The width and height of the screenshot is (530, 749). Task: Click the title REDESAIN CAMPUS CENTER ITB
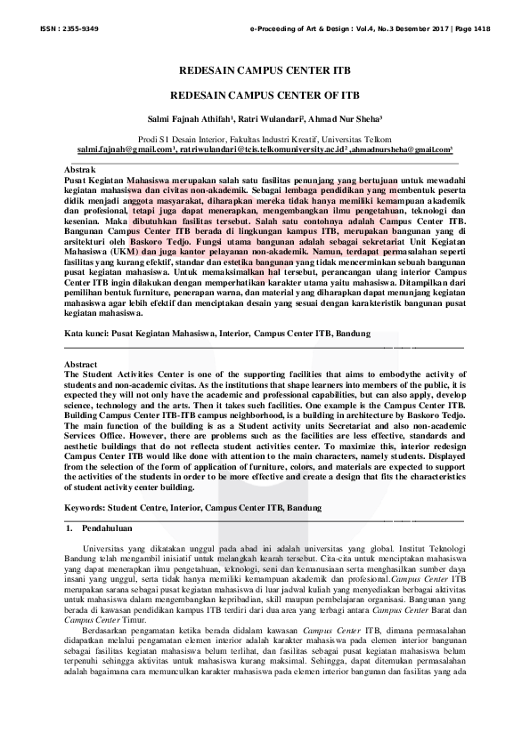coord(265,68)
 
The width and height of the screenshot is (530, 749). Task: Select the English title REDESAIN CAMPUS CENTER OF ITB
coord(265,93)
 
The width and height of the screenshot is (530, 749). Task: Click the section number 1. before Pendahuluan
coord(71,529)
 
